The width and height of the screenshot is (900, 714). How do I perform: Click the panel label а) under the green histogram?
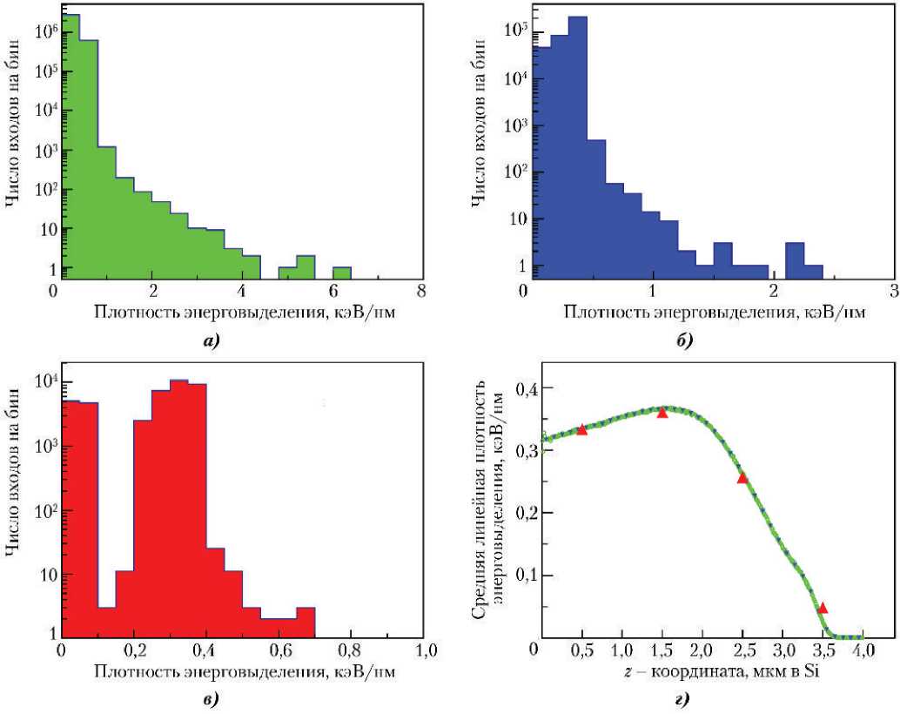(x=208, y=340)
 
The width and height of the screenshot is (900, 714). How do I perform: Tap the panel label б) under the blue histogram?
(x=683, y=340)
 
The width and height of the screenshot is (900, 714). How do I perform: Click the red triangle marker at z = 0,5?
(x=582, y=428)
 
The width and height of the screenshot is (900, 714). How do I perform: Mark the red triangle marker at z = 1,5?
(x=662, y=413)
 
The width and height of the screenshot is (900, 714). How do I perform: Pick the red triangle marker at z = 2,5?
(x=742, y=477)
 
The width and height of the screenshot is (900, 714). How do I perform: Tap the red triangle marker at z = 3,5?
(x=823, y=608)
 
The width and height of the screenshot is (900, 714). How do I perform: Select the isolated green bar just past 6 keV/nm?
(x=341, y=273)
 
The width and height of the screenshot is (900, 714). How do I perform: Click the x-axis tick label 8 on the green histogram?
(x=420, y=291)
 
